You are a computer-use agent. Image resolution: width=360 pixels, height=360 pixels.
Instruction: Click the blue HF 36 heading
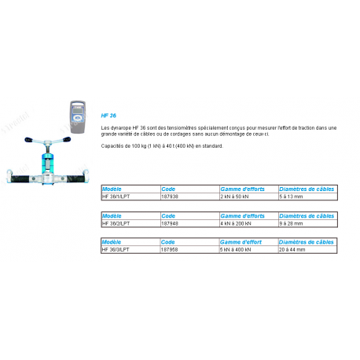pyautogui.click(x=109, y=115)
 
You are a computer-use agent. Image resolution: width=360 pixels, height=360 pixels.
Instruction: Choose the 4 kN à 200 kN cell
pyautogui.click(x=235, y=223)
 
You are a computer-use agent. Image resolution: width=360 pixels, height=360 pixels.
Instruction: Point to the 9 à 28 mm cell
pyautogui.click(x=292, y=223)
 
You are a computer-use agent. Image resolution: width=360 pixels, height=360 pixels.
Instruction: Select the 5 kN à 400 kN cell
pyautogui.click(x=235, y=248)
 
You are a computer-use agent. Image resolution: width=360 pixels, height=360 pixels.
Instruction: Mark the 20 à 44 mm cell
pyautogui.click(x=293, y=248)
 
